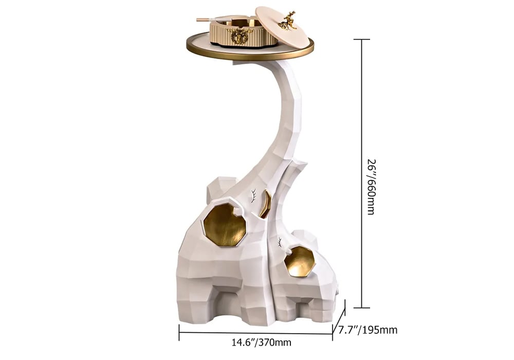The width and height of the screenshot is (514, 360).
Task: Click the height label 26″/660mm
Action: pos(371,186)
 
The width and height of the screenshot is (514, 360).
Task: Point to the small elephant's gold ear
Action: pos(300,261)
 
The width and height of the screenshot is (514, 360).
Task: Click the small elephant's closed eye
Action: pos(280,242)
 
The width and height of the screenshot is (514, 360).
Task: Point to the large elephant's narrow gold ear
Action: pos(265,204)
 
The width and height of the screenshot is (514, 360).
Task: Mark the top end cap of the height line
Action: pos(361,40)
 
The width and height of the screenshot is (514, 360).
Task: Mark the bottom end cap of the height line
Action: pos(361,308)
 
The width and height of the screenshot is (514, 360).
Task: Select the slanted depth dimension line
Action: pos(339,319)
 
